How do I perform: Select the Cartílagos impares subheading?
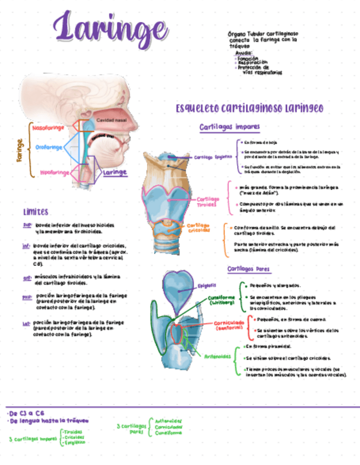pos(229,127)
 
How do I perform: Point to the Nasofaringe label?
pos(48,127)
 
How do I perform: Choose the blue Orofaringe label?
pos(49,147)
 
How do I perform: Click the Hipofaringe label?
pos(54,173)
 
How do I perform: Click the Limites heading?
pos(36,212)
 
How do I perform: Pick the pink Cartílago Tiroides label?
pos(208,201)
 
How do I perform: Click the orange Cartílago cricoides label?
pos(198,228)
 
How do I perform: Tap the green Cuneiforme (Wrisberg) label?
pos(221,300)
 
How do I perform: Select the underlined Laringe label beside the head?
pos(115,172)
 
